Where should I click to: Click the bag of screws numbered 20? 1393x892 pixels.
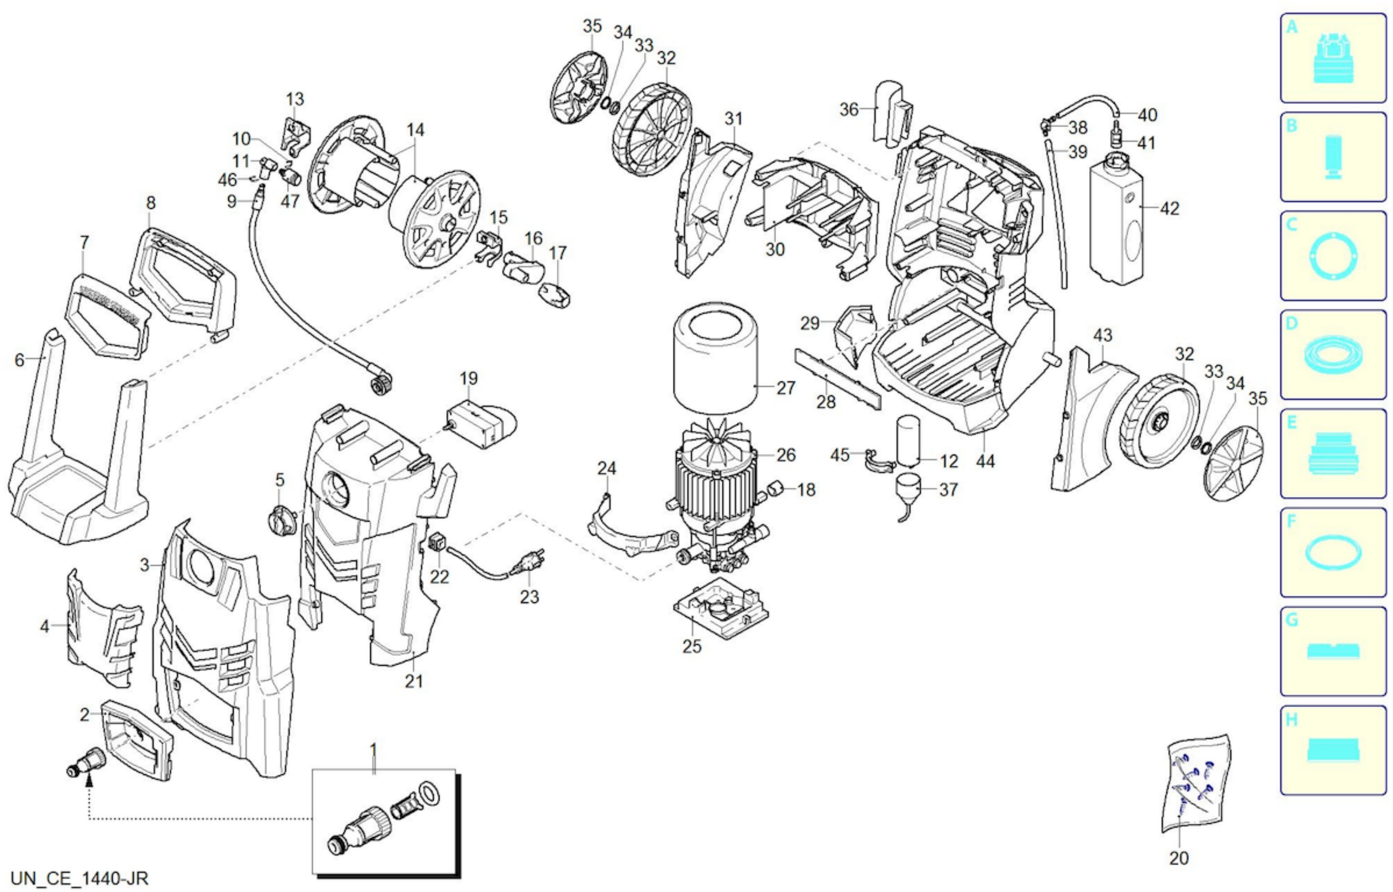[x=1196, y=784]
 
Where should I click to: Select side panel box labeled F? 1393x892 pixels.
[x=1333, y=552]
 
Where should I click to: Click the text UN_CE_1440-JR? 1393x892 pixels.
[x=80, y=879]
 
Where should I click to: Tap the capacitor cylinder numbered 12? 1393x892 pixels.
[x=908, y=441]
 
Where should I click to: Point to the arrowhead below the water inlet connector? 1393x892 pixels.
[x=89, y=782]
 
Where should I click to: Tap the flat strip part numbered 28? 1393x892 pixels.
[x=838, y=379]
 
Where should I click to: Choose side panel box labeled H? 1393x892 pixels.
[x=1333, y=750]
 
